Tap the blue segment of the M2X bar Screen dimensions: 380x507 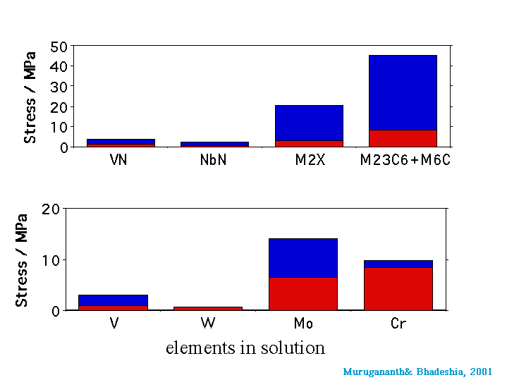pyautogui.click(x=309, y=123)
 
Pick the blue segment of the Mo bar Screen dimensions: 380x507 pyautogui.click(x=303, y=258)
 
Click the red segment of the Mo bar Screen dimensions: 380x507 pyautogui.click(x=303, y=293)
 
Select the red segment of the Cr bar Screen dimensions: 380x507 pyautogui.click(x=398, y=289)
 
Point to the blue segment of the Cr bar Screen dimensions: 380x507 pyautogui.click(x=398, y=264)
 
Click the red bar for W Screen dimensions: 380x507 pyautogui.click(x=208, y=308)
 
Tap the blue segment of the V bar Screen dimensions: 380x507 pyautogui.click(x=114, y=300)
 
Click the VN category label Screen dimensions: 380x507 pyautogui.click(x=118, y=160)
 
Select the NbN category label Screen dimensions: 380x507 pyautogui.click(x=214, y=160)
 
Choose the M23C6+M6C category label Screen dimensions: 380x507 pyautogui.click(x=405, y=160)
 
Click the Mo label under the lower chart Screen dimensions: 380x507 pyautogui.click(x=303, y=324)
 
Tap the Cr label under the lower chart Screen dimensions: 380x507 pyautogui.click(x=398, y=324)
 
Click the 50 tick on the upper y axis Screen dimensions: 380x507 pyautogui.click(x=59, y=47)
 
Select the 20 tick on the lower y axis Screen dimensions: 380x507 pyautogui.click(x=50, y=209)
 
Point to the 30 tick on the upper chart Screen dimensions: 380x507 pyautogui.click(x=59, y=87)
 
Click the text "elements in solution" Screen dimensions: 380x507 pyautogui.click(x=245, y=348)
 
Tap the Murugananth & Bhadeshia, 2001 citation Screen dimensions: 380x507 pyautogui.click(x=417, y=372)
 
